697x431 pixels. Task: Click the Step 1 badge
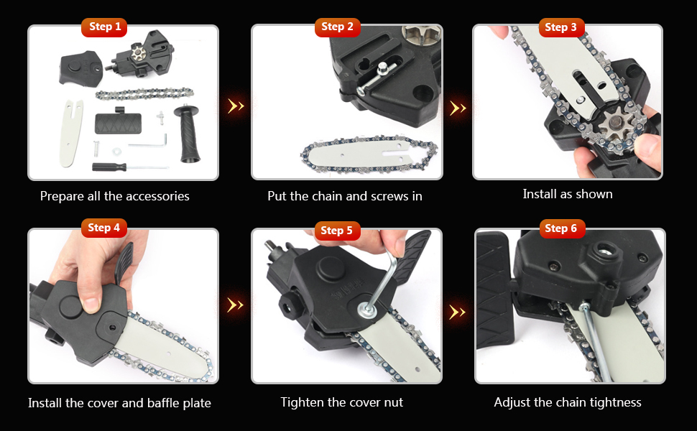tap(105, 27)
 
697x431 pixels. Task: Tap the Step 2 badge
tap(337, 27)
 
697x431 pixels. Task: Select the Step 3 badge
tap(560, 27)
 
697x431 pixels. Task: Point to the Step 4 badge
tap(104, 228)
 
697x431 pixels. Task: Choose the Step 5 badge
tap(337, 231)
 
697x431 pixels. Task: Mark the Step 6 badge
tap(561, 228)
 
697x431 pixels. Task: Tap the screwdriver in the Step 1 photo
tap(119, 167)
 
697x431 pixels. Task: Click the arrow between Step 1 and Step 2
tap(236, 106)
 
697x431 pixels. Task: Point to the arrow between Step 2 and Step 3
tap(458, 108)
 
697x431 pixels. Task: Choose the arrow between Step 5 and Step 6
tap(458, 312)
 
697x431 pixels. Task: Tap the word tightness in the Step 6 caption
tap(611, 402)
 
